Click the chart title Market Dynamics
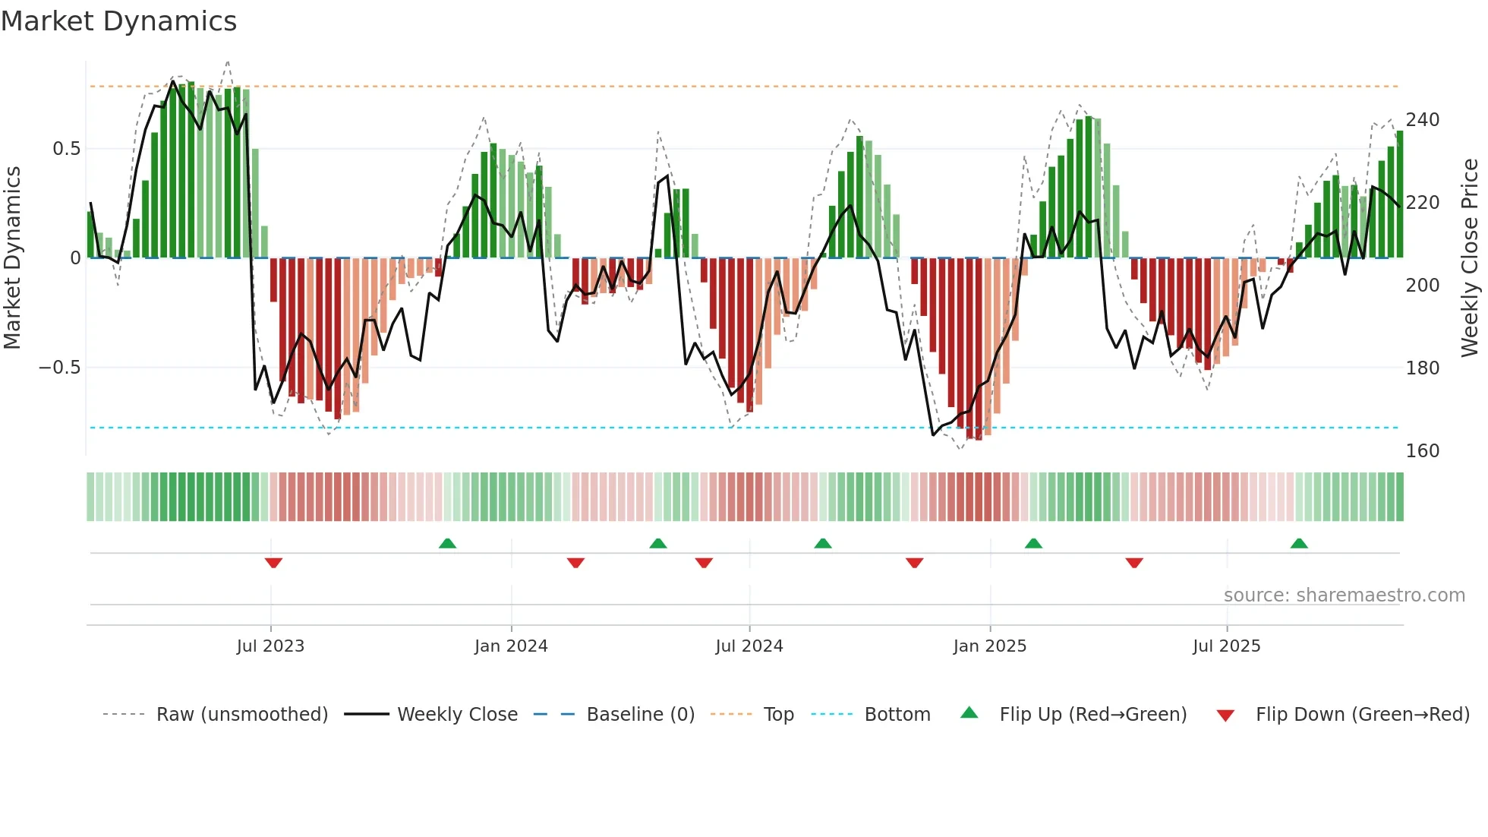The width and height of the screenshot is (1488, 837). (119, 21)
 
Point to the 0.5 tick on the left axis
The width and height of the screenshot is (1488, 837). (66, 149)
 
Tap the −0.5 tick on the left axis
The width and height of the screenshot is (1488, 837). (60, 368)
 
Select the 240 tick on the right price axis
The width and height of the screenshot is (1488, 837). (1422, 120)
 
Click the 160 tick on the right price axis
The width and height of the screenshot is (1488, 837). (1422, 451)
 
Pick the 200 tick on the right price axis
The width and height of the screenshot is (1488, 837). (1422, 286)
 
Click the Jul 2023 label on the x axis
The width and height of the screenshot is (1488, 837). (270, 646)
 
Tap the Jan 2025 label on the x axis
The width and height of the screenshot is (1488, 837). (990, 646)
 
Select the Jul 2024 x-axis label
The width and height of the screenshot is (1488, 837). (749, 646)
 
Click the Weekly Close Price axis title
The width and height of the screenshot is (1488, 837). (1470, 258)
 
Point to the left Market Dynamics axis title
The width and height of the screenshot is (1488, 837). (13, 258)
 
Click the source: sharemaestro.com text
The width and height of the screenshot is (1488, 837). (1344, 595)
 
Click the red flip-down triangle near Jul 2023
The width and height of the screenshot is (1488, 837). (273, 563)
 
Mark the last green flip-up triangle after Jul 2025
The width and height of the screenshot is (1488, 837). (1299, 543)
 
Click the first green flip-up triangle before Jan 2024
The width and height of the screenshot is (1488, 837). (447, 543)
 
